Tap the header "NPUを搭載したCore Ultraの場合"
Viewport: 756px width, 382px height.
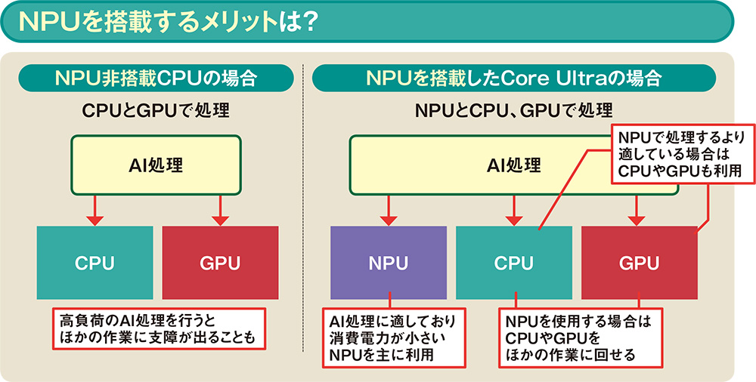514,78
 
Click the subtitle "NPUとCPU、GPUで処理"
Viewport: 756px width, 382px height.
514,111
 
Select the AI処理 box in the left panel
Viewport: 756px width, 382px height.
156,165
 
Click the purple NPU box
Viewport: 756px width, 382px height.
388,263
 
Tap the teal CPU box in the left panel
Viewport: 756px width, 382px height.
94,263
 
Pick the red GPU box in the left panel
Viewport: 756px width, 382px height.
219,263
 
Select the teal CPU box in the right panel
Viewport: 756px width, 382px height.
514,263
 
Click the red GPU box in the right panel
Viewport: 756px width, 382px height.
639,263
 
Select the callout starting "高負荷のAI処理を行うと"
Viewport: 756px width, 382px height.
159,327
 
